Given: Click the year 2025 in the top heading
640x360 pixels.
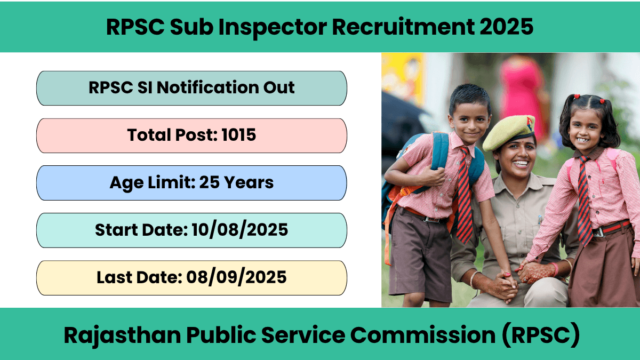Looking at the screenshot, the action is pos(506,27).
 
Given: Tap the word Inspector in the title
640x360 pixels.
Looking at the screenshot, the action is pos(273,27).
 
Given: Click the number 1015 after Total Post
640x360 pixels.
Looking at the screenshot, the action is pos(238,135).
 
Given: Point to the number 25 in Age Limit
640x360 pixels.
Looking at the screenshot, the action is pos(209,182).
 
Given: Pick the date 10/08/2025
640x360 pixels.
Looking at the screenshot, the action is pos(239,230).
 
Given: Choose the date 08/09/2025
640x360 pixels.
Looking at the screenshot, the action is pos(236,277).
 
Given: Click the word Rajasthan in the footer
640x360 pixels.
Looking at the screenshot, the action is pos(122,335).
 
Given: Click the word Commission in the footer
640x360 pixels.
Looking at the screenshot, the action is pos(423,335).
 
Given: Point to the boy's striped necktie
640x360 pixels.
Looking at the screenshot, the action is pos(465,194).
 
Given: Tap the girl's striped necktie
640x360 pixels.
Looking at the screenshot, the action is pos(584,200).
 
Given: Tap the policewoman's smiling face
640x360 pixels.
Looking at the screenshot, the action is pos(517,156).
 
